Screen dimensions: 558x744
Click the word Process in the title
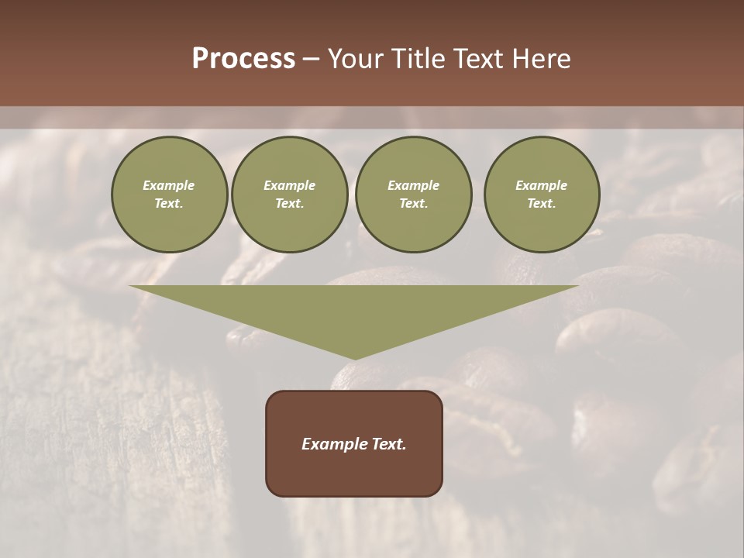tap(243, 59)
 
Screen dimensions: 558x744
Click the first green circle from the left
tap(169, 195)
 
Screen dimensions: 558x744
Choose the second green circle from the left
tap(289, 195)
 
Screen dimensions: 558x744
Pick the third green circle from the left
tap(413, 195)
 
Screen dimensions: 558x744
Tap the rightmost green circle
tap(541, 195)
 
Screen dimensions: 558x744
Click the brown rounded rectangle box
tap(354, 443)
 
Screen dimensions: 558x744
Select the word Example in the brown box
tap(334, 444)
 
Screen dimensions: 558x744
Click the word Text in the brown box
tap(390, 444)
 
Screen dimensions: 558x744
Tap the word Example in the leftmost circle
tap(169, 185)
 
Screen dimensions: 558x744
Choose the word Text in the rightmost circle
tap(541, 204)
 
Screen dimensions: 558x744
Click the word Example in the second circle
tap(289, 185)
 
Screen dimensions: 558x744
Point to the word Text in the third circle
tap(413, 204)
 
